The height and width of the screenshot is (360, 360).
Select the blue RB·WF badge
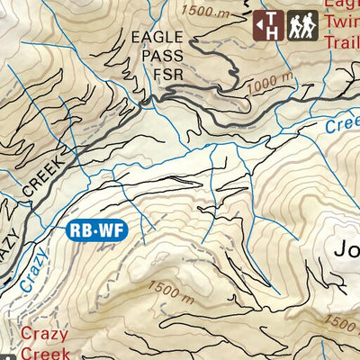(x=96, y=230)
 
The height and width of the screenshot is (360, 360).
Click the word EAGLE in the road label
(x=152, y=38)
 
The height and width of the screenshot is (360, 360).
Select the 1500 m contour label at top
(x=206, y=11)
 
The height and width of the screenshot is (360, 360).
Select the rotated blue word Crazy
(x=31, y=268)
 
